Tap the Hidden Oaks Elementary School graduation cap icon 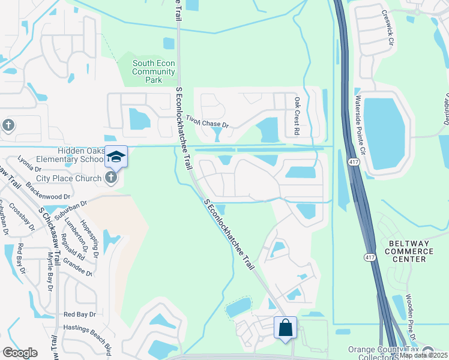116,157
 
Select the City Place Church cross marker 110,177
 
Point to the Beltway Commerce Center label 411,251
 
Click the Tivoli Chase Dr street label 208,122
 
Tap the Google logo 20,353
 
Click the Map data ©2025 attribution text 423,355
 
